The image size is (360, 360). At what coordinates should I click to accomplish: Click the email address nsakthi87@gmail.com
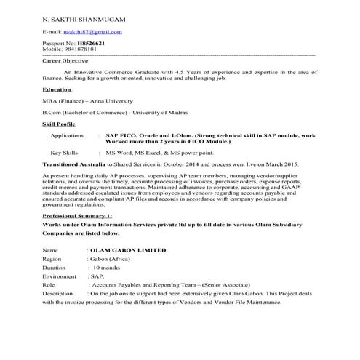coord(92,33)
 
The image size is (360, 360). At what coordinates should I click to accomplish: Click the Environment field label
coord(60,277)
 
